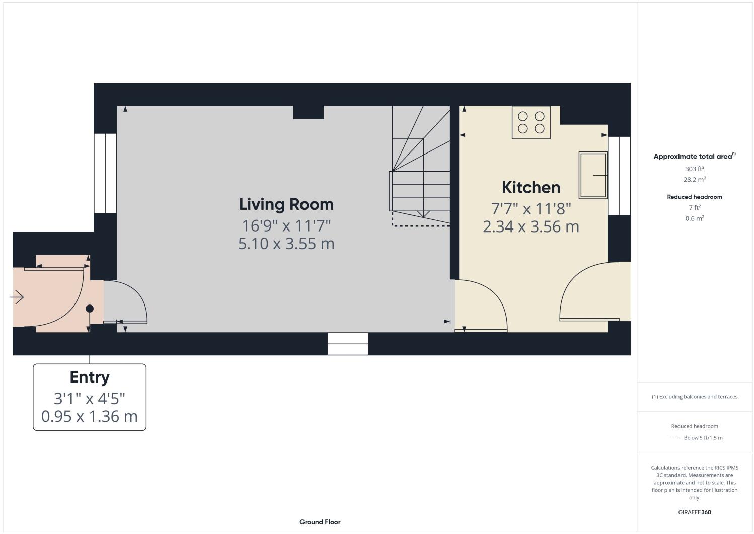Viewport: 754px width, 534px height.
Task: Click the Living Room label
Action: tap(286, 204)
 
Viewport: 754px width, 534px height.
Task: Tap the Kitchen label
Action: tap(531, 187)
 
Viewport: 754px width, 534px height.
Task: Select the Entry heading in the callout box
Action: tap(90, 377)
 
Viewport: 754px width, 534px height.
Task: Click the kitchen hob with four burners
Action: tap(531, 122)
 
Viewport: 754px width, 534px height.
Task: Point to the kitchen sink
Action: tap(593, 175)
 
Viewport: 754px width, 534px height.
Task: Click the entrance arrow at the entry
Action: tap(17, 297)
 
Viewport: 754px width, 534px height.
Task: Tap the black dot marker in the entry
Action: tap(90, 309)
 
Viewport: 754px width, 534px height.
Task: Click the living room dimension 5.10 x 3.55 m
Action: tap(286, 244)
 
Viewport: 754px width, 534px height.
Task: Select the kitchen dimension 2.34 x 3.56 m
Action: tap(531, 226)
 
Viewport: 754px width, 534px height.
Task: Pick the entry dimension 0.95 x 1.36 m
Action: tap(90, 417)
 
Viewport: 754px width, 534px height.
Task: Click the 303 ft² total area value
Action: tap(694, 169)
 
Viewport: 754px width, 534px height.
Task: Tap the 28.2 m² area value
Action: tap(694, 180)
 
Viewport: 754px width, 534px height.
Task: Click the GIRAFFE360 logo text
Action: tap(694, 512)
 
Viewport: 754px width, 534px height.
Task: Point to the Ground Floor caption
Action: tap(320, 522)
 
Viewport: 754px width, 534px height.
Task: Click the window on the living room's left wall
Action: tap(105, 173)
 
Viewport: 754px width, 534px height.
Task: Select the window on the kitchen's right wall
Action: tap(619, 176)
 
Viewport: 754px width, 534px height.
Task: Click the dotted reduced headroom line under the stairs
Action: tap(420, 226)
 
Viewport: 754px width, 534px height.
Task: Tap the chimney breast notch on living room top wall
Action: tap(308, 112)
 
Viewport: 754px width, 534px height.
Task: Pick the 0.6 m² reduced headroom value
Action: tap(694, 218)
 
